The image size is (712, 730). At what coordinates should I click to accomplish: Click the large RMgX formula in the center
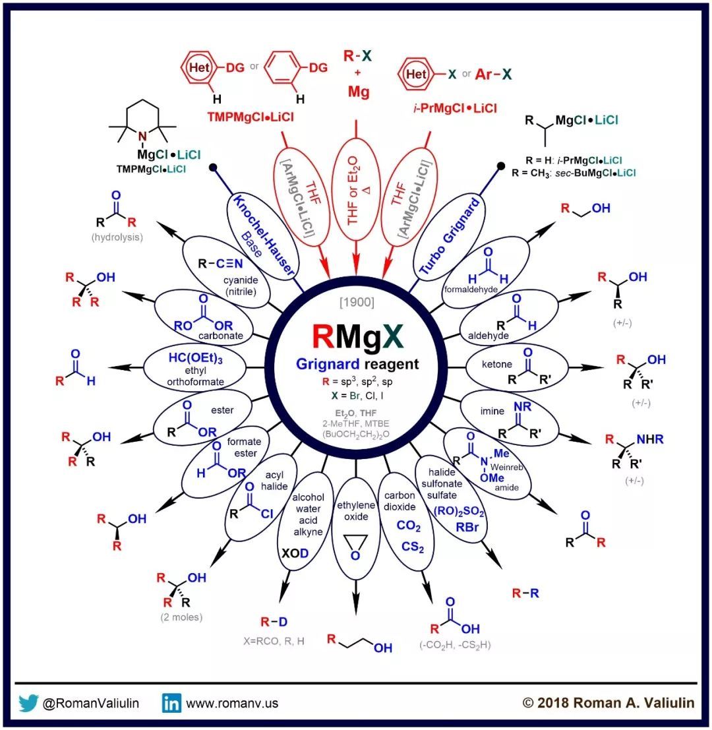click(x=357, y=339)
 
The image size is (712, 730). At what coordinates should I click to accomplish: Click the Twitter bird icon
click(x=28, y=703)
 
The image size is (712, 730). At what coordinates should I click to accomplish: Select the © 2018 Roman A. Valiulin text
click(x=608, y=703)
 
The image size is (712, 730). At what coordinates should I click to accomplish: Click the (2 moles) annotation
click(x=181, y=617)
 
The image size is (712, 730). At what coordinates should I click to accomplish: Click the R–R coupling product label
click(x=525, y=593)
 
